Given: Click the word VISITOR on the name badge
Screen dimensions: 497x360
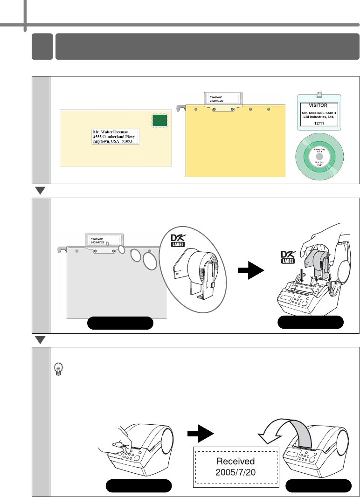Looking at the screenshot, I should pos(318,105).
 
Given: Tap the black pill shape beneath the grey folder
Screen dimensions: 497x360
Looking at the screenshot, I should pos(121,323).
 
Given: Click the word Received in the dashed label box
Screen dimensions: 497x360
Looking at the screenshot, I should pos(235,461).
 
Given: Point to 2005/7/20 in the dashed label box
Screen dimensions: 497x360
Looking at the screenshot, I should pos(235,472).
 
